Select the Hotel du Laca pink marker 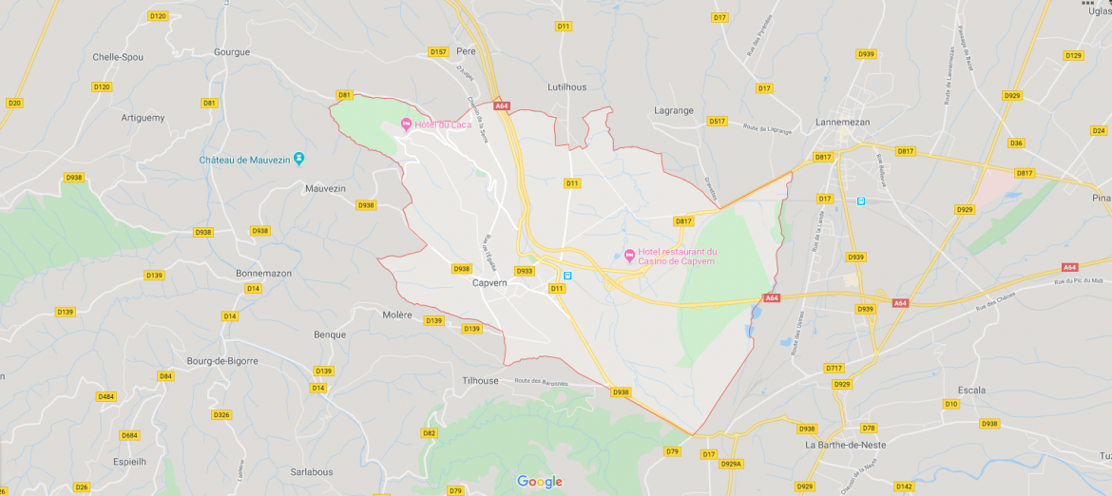tap(406, 124)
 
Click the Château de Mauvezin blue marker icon tap(299, 159)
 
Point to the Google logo tap(540, 482)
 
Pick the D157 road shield tap(438, 51)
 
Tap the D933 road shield tap(525, 271)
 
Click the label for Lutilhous tap(567, 86)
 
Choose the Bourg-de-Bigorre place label tap(222, 361)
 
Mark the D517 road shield tap(717, 122)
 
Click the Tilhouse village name tap(479, 381)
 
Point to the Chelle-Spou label tap(118, 57)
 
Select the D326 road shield tap(221, 414)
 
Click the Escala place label tap(971, 390)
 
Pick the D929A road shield tap(731, 464)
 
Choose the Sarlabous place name tap(312, 471)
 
